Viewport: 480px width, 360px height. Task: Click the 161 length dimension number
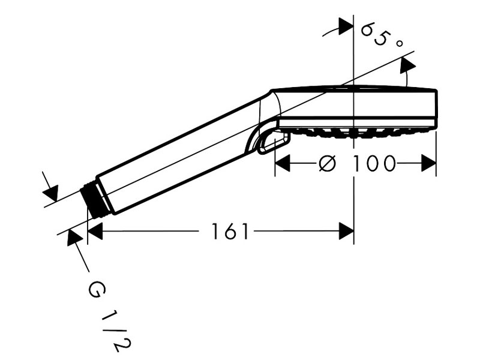point(230,231)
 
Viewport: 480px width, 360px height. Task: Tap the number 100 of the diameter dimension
point(373,163)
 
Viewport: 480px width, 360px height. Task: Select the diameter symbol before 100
point(327,163)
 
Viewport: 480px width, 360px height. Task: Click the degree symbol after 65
point(399,44)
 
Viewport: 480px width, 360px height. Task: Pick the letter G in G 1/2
point(97,290)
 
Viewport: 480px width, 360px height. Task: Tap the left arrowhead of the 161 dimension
point(95,231)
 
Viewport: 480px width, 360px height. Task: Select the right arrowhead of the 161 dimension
point(346,231)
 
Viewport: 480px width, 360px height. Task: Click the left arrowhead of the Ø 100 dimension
point(282,163)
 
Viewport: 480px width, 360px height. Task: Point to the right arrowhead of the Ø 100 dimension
point(428,163)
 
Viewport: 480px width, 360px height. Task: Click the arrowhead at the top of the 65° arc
point(346,26)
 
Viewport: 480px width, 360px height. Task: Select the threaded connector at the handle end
point(94,200)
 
